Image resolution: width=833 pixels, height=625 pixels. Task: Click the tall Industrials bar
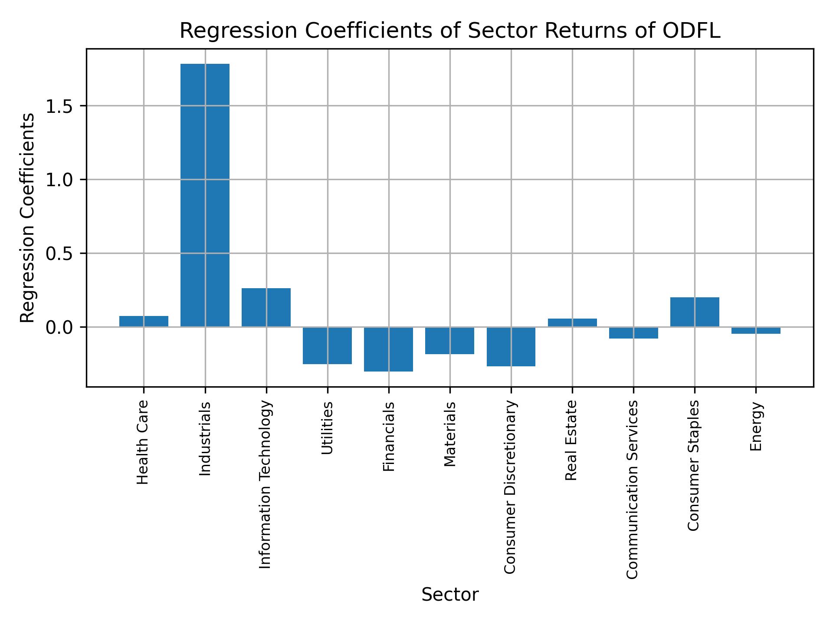(x=205, y=195)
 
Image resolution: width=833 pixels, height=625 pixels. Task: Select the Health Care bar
(x=144, y=321)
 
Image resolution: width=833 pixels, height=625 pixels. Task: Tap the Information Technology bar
(x=266, y=307)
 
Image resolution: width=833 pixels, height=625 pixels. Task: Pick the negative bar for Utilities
(x=327, y=345)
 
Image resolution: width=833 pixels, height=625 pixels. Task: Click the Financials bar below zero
(x=388, y=349)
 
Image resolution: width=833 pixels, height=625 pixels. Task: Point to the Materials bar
(x=449, y=340)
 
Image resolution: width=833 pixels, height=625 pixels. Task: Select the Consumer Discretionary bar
(x=511, y=346)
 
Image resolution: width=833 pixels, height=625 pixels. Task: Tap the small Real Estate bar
(x=572, y=322)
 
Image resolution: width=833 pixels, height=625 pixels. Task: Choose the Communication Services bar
(x=633, y=332)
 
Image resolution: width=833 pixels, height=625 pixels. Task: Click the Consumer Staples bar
(x=695, y=312)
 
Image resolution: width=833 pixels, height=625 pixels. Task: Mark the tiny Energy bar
(x=756, y=330)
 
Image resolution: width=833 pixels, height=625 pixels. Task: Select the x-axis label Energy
(x=756, y=426)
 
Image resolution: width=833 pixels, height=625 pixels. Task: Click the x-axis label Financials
(x=388, y=436)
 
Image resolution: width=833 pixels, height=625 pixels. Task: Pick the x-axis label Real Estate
(x=572, y=440)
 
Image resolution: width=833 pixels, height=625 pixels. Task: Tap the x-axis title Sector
(x=450, y=595)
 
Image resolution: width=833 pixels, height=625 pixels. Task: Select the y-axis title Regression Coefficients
(x=28, y=218)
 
